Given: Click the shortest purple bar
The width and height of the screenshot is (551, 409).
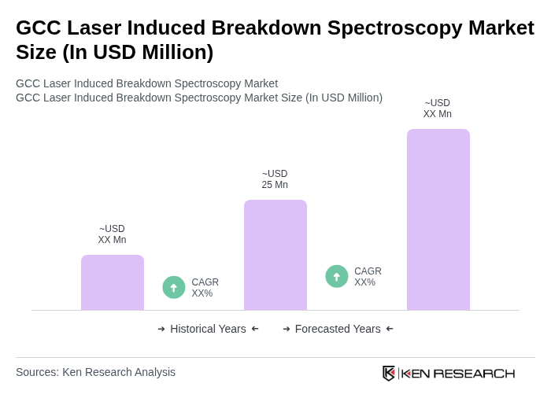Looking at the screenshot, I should coord(113,282).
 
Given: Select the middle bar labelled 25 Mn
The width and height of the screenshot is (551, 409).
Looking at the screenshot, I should coord(275,255).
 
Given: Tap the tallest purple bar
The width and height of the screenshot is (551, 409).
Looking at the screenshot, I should coord(438,219).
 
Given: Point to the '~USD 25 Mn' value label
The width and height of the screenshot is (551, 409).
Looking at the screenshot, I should coord(275,179).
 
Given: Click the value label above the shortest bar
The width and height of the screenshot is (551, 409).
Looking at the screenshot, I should coord(112,234).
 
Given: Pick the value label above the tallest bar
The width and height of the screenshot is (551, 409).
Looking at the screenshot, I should coord(437,109).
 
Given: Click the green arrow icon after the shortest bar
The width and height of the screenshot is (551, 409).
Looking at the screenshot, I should coord(174,287).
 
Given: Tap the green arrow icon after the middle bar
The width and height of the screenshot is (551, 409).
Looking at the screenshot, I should coord(337,276).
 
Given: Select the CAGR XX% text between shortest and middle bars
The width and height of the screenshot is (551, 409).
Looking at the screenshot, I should coord(205,288).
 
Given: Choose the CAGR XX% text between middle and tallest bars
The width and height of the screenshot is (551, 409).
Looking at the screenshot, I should coord(368,277).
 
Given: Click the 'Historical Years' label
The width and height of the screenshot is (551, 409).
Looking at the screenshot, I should coord(208,329).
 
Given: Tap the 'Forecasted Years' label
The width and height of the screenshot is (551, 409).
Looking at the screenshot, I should coord(338,329).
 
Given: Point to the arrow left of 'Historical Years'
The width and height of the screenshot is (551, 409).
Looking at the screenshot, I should coord(161,329).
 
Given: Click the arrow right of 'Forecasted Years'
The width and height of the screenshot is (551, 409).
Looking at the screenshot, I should coord(390,329).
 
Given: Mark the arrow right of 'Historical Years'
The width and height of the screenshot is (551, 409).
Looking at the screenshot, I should coord(255,329).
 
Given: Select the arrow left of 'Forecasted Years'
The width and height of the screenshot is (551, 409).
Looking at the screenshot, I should coord(287,329).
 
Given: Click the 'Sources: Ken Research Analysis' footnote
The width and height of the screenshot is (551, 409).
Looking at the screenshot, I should coord(95,372).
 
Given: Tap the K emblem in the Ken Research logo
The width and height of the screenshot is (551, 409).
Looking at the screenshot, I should coord(389,373).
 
